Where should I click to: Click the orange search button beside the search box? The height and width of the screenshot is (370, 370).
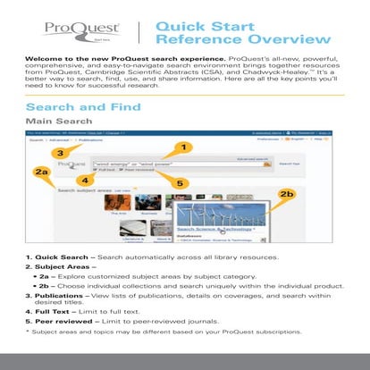click(266, 164)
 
